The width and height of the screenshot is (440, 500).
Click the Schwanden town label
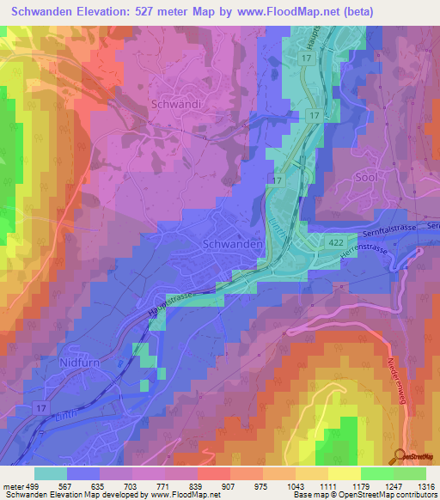(231, 244)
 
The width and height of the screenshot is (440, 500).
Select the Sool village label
(366, 176)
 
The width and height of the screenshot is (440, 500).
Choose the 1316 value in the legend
(426, 485)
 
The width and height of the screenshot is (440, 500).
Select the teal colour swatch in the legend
(51, 473)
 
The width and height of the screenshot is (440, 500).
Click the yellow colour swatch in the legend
(344, 473)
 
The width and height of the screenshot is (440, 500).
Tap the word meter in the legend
(13, 485)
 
